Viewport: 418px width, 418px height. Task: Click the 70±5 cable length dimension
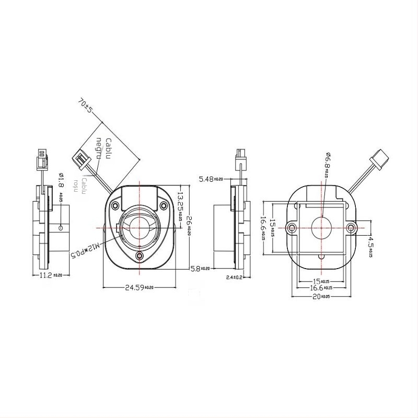pos(85,104)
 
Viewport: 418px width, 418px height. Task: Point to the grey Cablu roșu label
pos(82,184)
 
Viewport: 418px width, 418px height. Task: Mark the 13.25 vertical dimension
pos(180,206)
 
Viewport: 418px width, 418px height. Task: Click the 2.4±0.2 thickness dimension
pos(234,277)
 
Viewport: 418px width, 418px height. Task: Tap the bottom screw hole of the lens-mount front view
pos(140,256)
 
